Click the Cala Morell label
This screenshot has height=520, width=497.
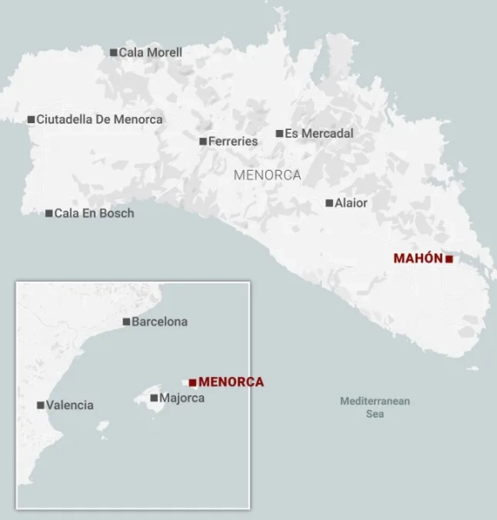tap(150, 53)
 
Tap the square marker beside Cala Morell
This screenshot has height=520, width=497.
tap(114, 53)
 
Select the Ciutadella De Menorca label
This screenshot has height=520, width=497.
tap(99, 120)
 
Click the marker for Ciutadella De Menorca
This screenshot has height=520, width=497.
tap(31, 120)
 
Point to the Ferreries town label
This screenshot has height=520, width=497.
tap(233, 141)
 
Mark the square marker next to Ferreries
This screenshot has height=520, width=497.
tap(203, 141)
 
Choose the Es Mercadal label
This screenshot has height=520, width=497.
tap(319, 133)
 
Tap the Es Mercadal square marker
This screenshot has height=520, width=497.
tap(279, 133)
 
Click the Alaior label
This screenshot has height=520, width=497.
tap(351, 203)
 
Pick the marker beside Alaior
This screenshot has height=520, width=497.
tap(329, 203)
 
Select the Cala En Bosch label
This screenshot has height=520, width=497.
tap(95, 213)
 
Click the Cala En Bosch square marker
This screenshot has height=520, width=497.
tap(49, 213)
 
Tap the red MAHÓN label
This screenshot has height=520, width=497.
tap(418, 258)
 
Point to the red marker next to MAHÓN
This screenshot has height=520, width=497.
tap(449, 258)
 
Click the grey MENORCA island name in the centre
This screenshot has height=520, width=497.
tap(267, 175)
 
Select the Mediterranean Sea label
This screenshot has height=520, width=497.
tap(375, 407)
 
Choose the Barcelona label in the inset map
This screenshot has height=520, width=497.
tap(160, 322)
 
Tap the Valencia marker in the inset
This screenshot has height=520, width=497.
tap(41, 405)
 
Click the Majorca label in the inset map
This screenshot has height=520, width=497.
tap(182, 399)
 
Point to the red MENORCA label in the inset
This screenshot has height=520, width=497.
tap(231, 381)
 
